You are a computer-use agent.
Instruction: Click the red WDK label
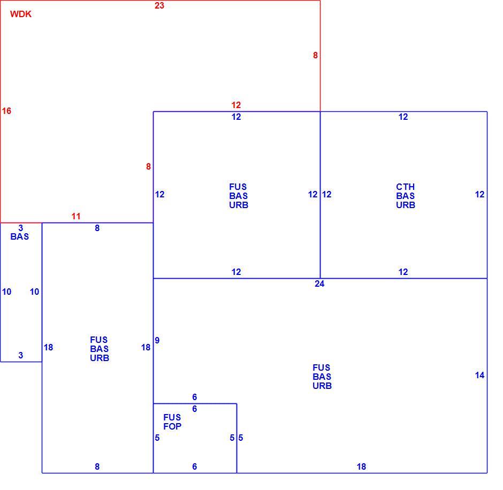(21, 14)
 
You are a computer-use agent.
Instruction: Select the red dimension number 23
(159, 6)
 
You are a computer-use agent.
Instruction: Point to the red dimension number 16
(6, 111)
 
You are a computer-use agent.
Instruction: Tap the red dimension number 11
(76, 217)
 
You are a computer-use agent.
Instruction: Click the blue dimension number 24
(319, 284)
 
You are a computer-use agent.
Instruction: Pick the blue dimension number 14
(479, 375)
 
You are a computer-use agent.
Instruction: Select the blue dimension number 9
(157, 340)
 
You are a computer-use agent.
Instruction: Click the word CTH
(406, 187)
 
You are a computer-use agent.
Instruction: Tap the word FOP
(172, 426)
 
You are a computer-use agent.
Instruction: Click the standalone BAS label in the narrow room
(20, 236)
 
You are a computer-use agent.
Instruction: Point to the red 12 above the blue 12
(236, 105)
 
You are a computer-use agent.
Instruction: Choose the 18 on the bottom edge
(362, 467)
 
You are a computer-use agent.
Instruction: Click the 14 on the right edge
(479, 375)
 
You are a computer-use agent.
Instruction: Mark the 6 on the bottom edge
(195, 467)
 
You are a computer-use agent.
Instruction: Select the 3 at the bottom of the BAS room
(21, 355)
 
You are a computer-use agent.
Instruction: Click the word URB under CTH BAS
(406, 205)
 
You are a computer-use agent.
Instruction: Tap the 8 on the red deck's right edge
(315, 56)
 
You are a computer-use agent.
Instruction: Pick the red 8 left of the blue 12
(148, 166)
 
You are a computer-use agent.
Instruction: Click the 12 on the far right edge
(479, 194)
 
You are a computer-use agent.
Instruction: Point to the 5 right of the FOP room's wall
(241, 438)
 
